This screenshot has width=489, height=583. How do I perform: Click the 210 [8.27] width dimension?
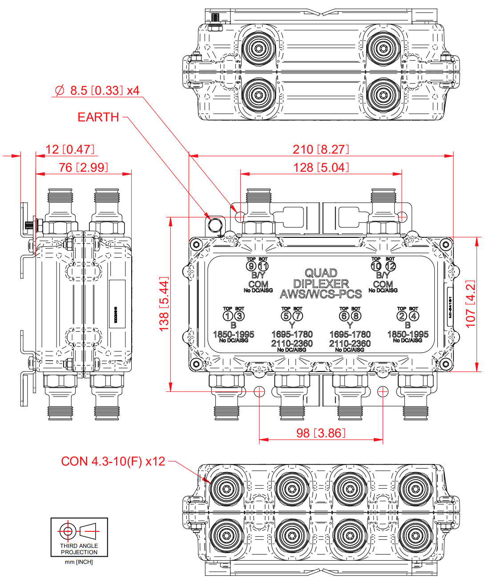[x=321, y=149]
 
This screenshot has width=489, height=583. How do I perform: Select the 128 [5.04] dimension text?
[x=321, y=167]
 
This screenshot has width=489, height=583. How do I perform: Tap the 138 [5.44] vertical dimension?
[x=164, y=304]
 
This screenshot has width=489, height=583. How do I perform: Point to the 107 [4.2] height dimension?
[x=470, y=304]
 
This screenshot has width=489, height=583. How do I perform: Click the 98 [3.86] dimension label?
[x=321, y=433]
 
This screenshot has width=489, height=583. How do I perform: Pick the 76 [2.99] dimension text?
[x=83, y=167]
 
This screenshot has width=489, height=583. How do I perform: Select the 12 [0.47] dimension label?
[x=70, y=149]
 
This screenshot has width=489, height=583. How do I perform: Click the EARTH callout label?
[x=98, y=117]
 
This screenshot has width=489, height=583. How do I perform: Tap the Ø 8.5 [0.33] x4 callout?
[x=97, y=90]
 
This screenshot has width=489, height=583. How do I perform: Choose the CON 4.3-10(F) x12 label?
[x=113, y=461]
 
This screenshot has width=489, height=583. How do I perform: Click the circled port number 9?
[x=251, y=266]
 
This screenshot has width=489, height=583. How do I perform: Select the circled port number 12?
[x=390, y=266]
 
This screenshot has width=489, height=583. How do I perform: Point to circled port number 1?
[x=228, y=316]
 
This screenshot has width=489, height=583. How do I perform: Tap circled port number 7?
[x=298, y=316]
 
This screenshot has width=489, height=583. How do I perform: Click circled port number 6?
[x=344, y=316]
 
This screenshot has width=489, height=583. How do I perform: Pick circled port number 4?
[x=414, y=316]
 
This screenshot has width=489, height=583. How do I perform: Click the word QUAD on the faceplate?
[x=321, y=273]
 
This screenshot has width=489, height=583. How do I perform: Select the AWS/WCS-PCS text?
[x=321, y=294]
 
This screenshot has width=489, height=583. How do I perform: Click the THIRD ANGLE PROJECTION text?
[x=79, y=549]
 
